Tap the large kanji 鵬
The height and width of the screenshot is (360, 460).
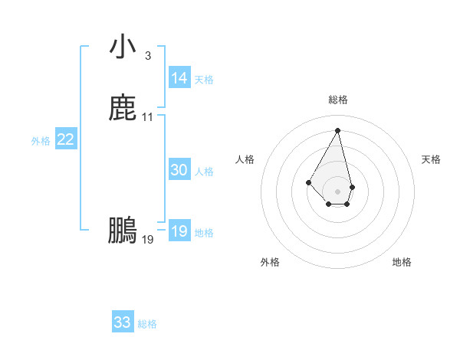pos(123,230)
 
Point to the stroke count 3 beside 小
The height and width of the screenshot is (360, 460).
pos(147,55)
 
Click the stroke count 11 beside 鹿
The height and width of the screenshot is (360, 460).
pos(148,117)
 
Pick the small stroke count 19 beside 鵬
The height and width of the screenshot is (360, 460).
pos(148,240)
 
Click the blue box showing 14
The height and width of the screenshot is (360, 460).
pos(179,78)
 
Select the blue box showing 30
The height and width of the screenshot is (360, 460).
pos(179,171)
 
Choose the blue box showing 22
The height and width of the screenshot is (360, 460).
pos(66,139)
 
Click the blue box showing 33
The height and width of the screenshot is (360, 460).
pos(123,322)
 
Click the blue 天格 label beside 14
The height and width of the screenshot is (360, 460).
pos(204,80)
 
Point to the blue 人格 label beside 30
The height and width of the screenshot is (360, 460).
pos(204,172)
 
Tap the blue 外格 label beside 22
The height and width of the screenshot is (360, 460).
pos(41,141)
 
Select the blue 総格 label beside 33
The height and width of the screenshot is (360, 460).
pos(147,324)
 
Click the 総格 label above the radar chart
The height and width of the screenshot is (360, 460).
pos(337,100)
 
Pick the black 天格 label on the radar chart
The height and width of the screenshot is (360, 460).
pos(431,159)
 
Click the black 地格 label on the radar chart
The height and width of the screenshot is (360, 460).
pos(402,262)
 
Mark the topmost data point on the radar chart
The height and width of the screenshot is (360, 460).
pos(337,129)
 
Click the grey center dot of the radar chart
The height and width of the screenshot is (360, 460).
pos(337,191)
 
